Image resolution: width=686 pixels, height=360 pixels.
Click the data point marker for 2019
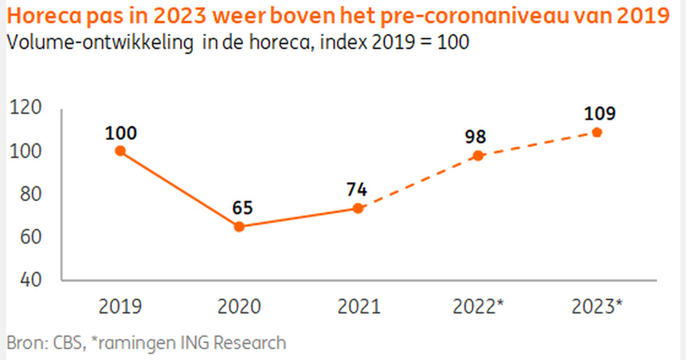click(x=120, y=151)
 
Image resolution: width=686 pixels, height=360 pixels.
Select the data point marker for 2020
click(x=240, y=226)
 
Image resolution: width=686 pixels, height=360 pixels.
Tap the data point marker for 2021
click(x=358, y=208)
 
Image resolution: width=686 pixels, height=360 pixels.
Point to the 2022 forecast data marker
click(x=478, y=155)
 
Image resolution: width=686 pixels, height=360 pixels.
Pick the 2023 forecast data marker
click(x=597, y=133)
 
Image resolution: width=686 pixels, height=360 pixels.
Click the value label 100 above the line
click(x=121, y=133)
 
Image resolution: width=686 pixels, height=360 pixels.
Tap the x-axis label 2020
click(x=239, y=307)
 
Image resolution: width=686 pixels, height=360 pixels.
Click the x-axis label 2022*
click(x=478, y=307)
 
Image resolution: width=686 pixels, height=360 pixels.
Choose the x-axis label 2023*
click(x=597, y=307)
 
